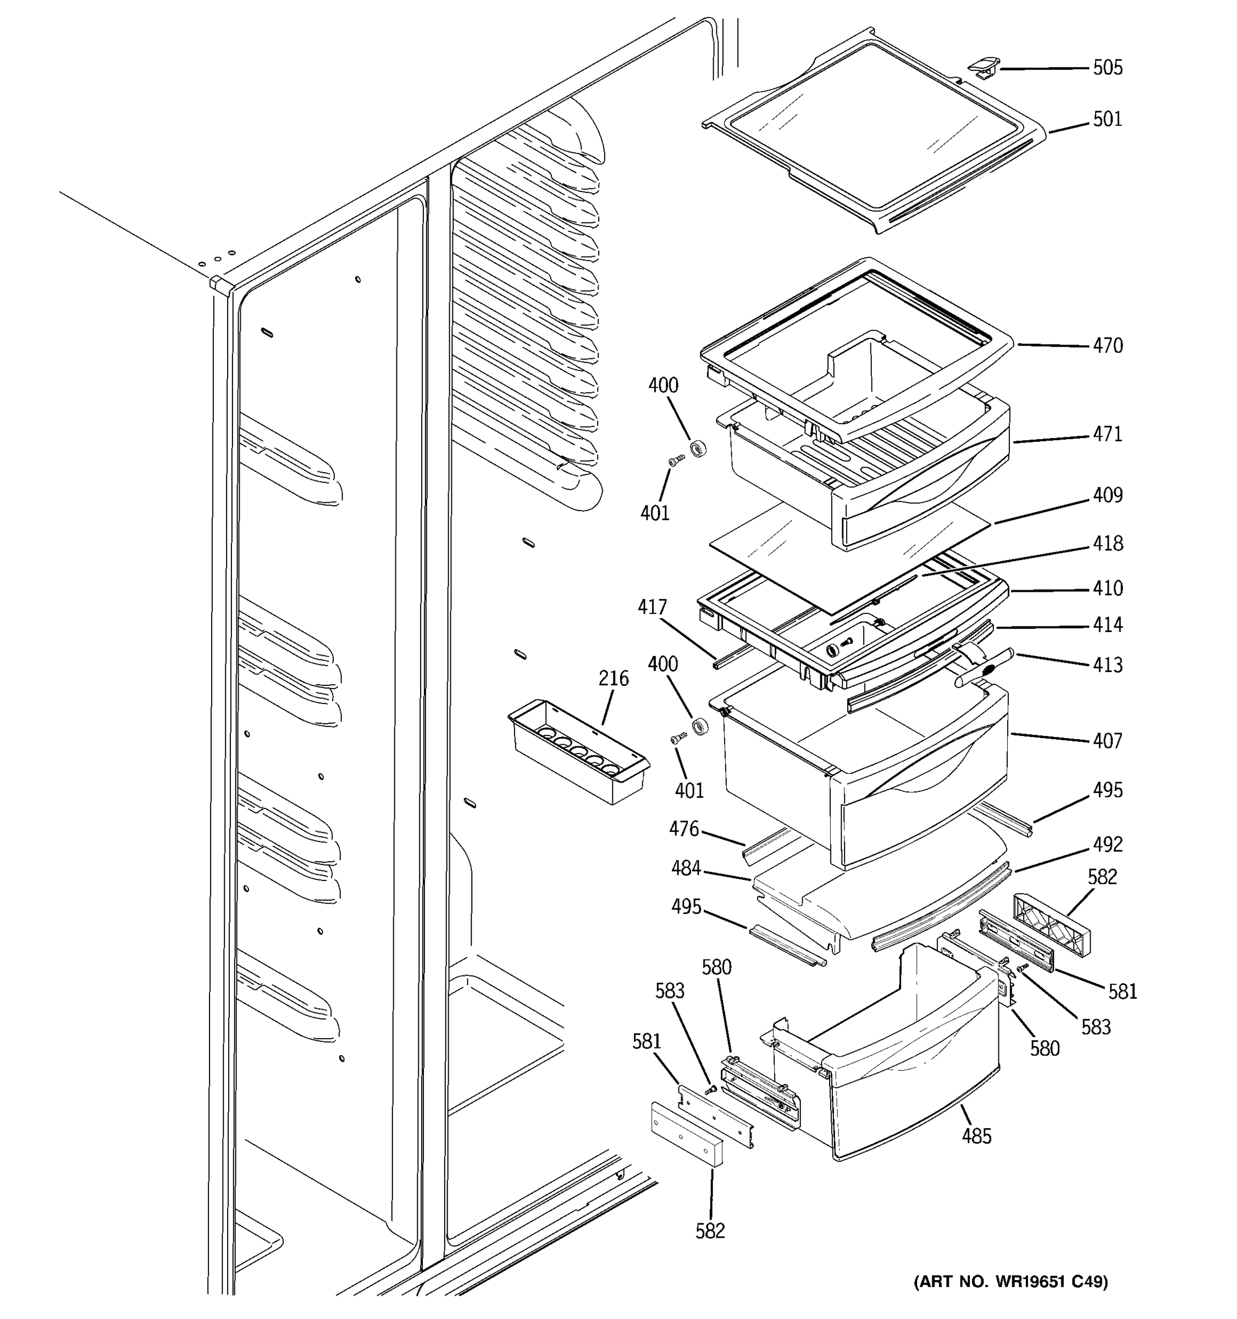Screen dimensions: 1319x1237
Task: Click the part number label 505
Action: tap(1108, 68)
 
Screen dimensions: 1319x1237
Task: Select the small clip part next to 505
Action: tap(981, 66)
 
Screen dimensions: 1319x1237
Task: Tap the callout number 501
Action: tap(1108, 119)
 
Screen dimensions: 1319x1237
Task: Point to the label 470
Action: tap(1108, 346)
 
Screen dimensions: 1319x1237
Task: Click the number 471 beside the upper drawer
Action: tap(1108, 434)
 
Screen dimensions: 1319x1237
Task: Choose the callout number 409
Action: tap(1108, 495)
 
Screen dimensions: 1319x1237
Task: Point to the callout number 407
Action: tap(1108, 740)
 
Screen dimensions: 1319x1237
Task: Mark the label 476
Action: tap(683, 829)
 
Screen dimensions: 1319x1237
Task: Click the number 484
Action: tap(686, 868)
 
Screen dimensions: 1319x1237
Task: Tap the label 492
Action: tap(1108, 844)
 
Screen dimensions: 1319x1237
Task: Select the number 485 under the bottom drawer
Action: tap(976, 1136)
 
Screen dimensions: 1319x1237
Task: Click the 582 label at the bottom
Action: tap(710, 1231)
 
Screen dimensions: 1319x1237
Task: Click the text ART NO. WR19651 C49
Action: tap(1010, 1282)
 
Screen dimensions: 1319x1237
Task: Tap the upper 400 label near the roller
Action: tap(663, 385)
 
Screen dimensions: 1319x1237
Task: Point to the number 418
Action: tap(1108, 544)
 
